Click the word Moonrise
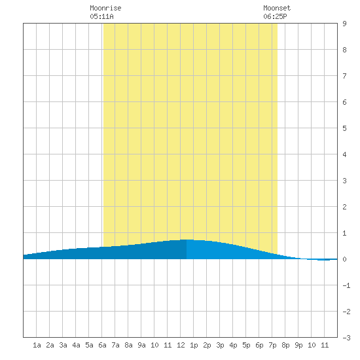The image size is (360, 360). click(105, 8)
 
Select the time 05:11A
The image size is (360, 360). click(101, 16)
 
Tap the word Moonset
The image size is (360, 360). click(277, 8)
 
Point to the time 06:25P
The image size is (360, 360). click(275, 16)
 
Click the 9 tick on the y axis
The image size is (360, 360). click(344, 24)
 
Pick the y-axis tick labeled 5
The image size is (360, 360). click(344, 128)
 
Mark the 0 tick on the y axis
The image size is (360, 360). click(344, 259)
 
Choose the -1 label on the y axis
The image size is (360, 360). click(346, 285)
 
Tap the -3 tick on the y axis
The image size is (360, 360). click(346, 338)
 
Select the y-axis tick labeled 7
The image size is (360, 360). click(344, 76)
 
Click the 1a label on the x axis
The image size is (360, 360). click(37, 345)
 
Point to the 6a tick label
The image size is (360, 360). click(102, 345)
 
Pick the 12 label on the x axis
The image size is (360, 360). click(181, 345)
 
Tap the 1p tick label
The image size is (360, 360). click(194, 345)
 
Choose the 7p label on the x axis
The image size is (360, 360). click(272, 345)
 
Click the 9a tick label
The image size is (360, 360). click(141, 345)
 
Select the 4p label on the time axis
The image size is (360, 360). click(233, 345)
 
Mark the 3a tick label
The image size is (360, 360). click(63, 345)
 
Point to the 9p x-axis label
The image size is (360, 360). click(298, 345)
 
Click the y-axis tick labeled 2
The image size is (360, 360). click(344, 207)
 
